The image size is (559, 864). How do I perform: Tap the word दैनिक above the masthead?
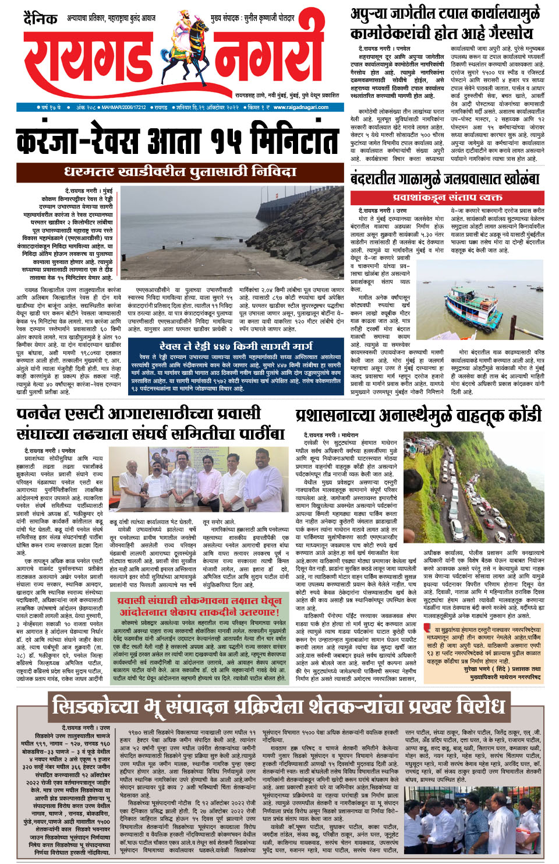click(41, 19)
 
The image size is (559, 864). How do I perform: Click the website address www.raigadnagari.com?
click(300, 107)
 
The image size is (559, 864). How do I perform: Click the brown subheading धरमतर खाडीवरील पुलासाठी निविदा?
click(180, 172)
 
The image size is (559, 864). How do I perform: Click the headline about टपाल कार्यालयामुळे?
click(445, 23)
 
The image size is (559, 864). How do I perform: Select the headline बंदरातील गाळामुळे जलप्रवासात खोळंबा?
click(445, 178)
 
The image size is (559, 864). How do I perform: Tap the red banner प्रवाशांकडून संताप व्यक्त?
click(447, 198)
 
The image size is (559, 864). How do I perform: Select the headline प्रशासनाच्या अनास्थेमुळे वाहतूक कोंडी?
click(418, 416)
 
